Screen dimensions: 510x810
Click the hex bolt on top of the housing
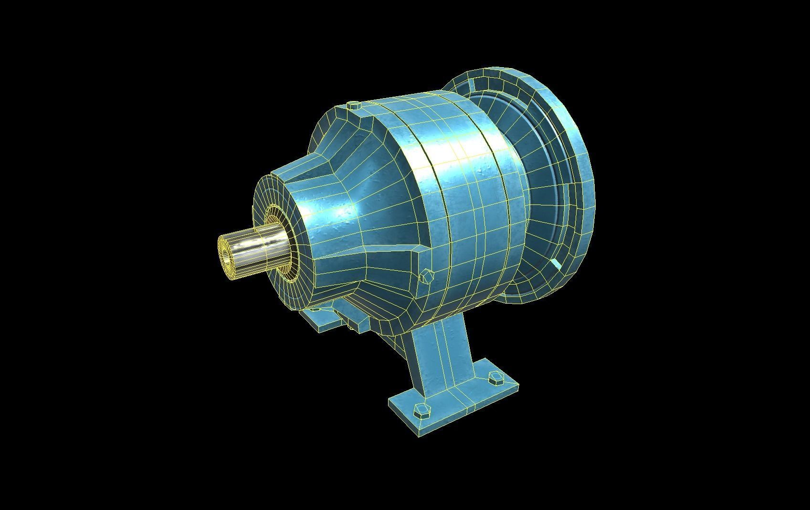click(354, 105)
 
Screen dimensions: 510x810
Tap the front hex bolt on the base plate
click(421, 410)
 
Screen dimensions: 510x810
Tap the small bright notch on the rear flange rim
click(557, 265)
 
